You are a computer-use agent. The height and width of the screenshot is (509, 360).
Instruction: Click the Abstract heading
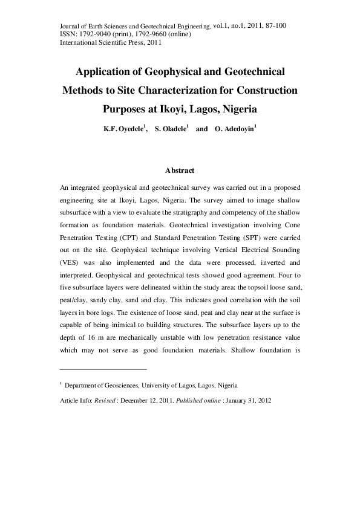pos(179,170)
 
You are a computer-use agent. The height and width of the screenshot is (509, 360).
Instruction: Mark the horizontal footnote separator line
pos(103,369)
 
